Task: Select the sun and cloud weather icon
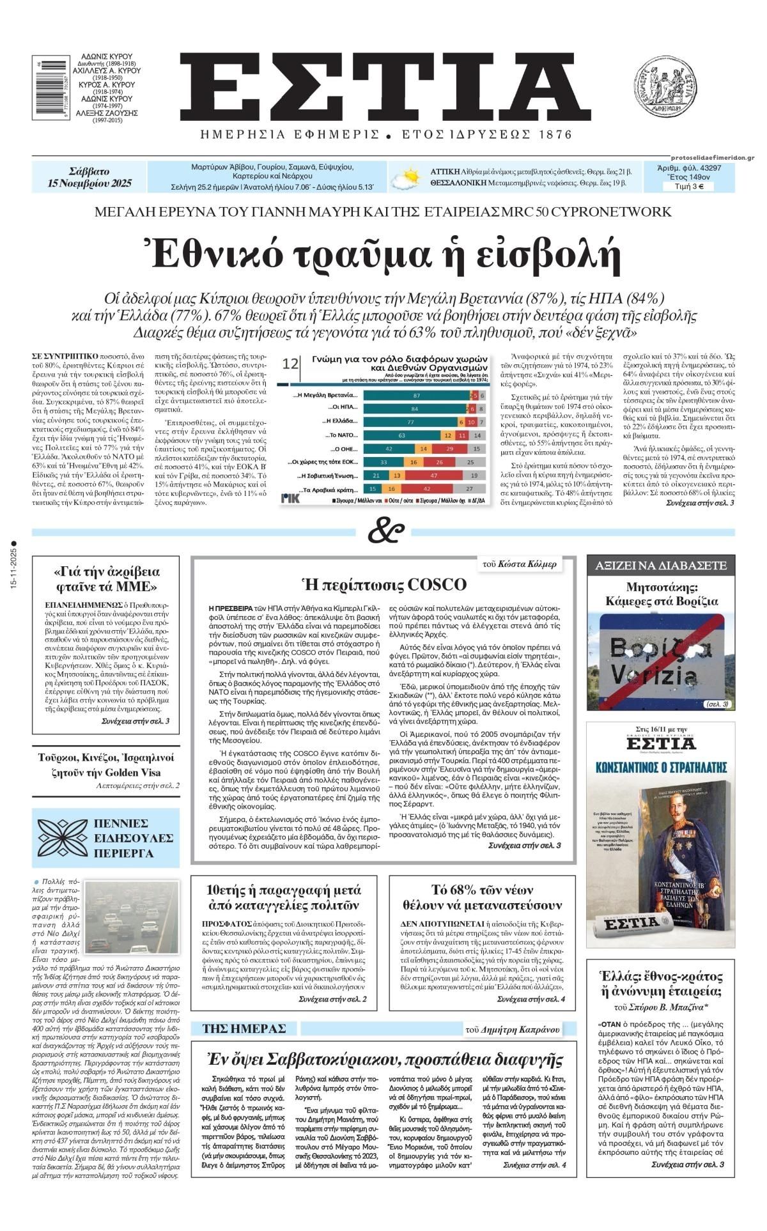coord(406,178)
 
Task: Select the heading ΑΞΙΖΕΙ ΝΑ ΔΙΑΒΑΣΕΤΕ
coord(662,566)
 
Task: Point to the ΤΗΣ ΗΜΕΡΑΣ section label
coord(244,1028)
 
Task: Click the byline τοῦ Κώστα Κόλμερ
coord(528,564)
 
